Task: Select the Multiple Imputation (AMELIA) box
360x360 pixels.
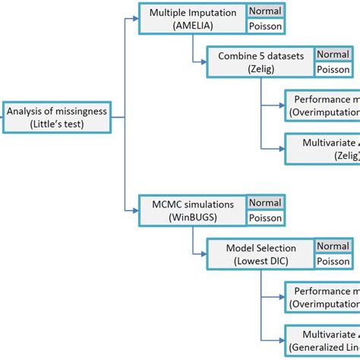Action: tap(192, 19)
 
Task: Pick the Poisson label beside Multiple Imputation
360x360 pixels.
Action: tap(264, 26)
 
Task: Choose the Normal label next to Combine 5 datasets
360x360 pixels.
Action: tap(333, 55)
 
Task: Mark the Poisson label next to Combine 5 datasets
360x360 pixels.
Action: tap(333, 68)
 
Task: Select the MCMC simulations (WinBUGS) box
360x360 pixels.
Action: tap(192, 210)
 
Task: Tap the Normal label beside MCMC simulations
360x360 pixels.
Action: tap(264, 204)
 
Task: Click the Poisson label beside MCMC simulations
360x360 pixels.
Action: tap(264, 217)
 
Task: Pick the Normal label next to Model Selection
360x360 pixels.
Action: tap(333, 247)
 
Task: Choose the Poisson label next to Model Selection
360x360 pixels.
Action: tap(333, 261)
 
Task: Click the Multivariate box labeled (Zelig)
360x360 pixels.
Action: tap(322, 149)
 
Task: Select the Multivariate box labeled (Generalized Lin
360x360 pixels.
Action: tap(322, 339)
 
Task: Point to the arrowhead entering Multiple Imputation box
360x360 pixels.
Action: tap(134, 19)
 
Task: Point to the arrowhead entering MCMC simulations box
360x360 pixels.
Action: tap(134, 210)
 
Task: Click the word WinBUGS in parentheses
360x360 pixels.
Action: tap(193, 217)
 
